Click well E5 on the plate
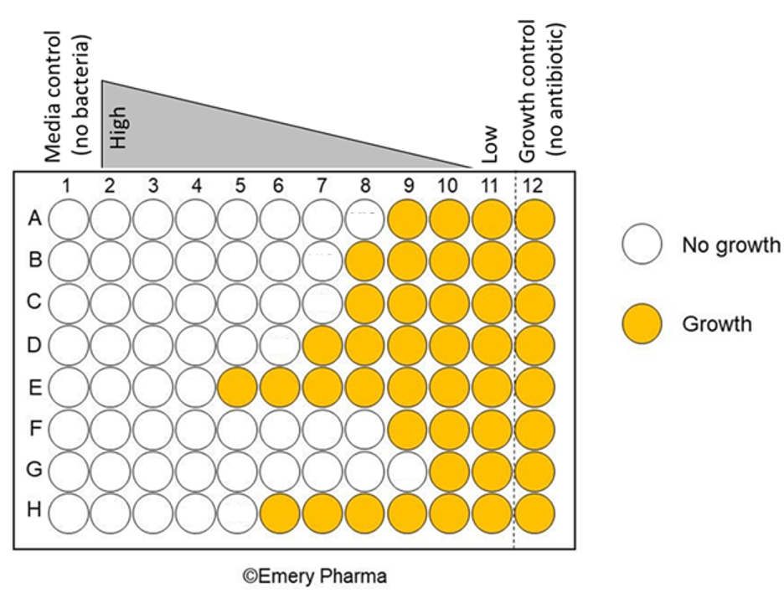pos(238,386)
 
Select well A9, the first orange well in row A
pos(408,219)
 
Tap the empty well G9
pos(408,469)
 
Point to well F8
pos(365,428)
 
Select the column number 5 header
pos(238,186)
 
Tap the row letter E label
pos(34,386)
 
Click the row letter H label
pos(34,511)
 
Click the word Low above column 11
pos(491,144)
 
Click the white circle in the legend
pos(642,245)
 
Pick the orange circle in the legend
pos(642,323)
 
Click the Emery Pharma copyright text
pos(315,576)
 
